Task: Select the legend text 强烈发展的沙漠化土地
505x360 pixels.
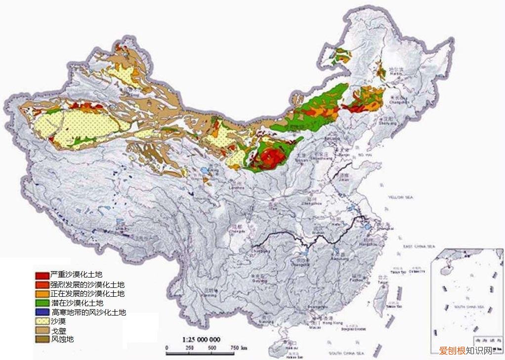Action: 87,284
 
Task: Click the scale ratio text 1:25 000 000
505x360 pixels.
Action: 202,340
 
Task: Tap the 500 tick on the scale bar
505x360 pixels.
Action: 211,349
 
